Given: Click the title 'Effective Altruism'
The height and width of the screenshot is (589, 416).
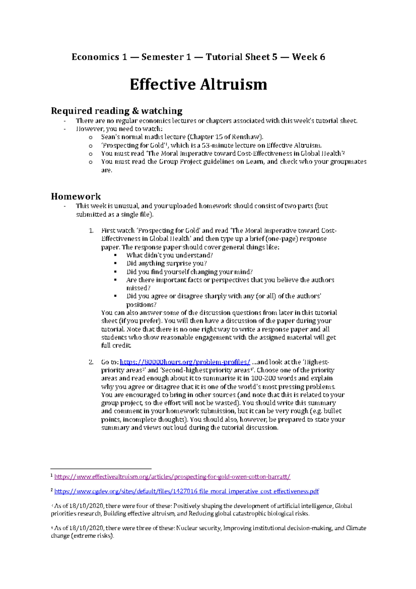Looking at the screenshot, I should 198,85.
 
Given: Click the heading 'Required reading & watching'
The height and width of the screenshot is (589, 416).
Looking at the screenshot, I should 116,111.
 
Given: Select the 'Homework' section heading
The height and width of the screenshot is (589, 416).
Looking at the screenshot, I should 76,196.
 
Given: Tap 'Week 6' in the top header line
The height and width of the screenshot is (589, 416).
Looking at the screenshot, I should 308,57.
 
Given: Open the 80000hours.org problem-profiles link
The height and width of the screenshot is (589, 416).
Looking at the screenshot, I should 185,362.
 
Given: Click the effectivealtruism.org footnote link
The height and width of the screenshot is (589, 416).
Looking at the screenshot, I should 172,477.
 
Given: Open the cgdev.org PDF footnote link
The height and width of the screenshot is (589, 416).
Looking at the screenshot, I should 187,491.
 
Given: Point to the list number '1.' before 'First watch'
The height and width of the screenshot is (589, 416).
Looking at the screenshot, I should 91,231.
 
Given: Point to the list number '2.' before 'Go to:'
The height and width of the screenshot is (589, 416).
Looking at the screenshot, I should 91,362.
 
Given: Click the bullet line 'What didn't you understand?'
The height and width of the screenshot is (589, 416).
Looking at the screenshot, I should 170,255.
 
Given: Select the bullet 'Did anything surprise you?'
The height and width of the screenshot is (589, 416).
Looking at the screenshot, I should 166,263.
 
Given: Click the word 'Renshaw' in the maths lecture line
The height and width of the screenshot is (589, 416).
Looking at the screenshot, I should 244,137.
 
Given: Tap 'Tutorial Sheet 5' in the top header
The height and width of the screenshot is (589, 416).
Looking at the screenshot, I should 241,57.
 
